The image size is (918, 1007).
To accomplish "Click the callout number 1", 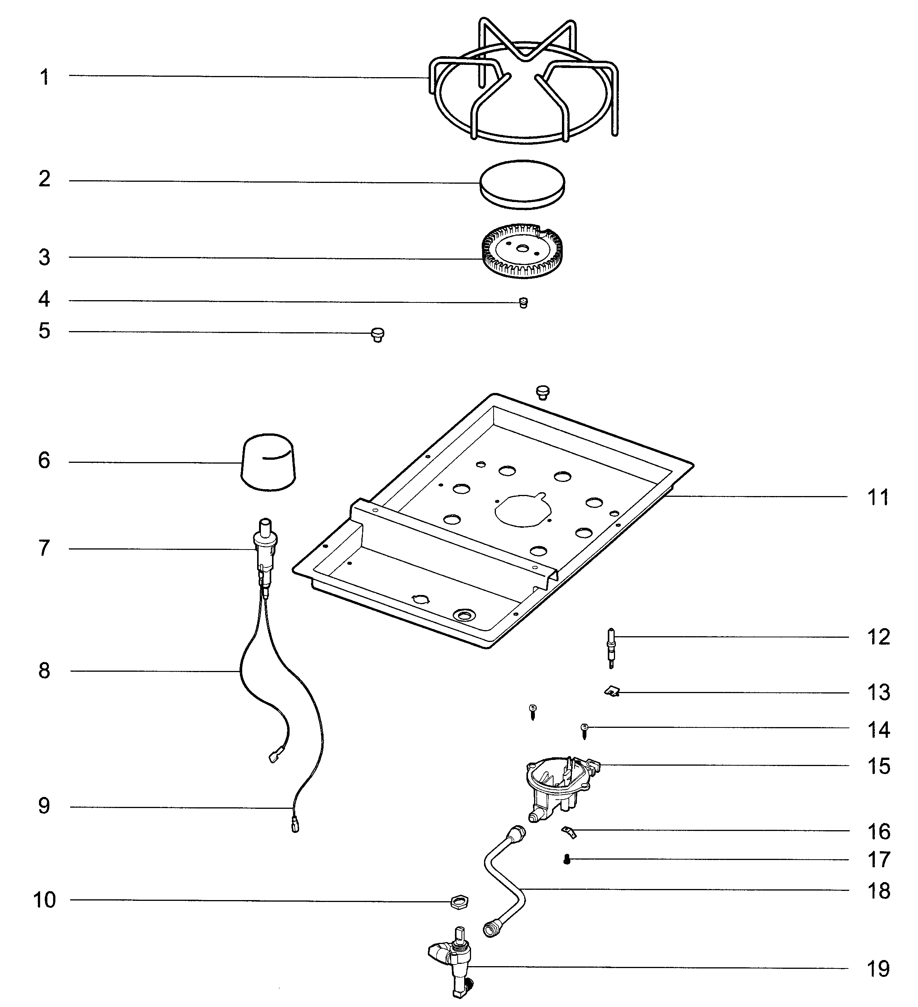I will [x=44, y=78].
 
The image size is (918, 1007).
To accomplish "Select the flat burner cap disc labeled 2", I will [x=522, y=184].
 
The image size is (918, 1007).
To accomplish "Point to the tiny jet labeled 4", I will [x=523, y=303].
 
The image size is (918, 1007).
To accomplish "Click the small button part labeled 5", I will [x=378, y=335].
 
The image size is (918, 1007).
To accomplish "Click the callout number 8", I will [x=44, y=671].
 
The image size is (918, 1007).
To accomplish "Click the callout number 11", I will [x=878, y=498].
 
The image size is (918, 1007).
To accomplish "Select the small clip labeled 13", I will [x=611, y=692].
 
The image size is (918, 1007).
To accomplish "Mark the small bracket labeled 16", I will [x=569, y=832].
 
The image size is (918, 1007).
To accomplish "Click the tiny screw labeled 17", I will [x=567, y=859].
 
